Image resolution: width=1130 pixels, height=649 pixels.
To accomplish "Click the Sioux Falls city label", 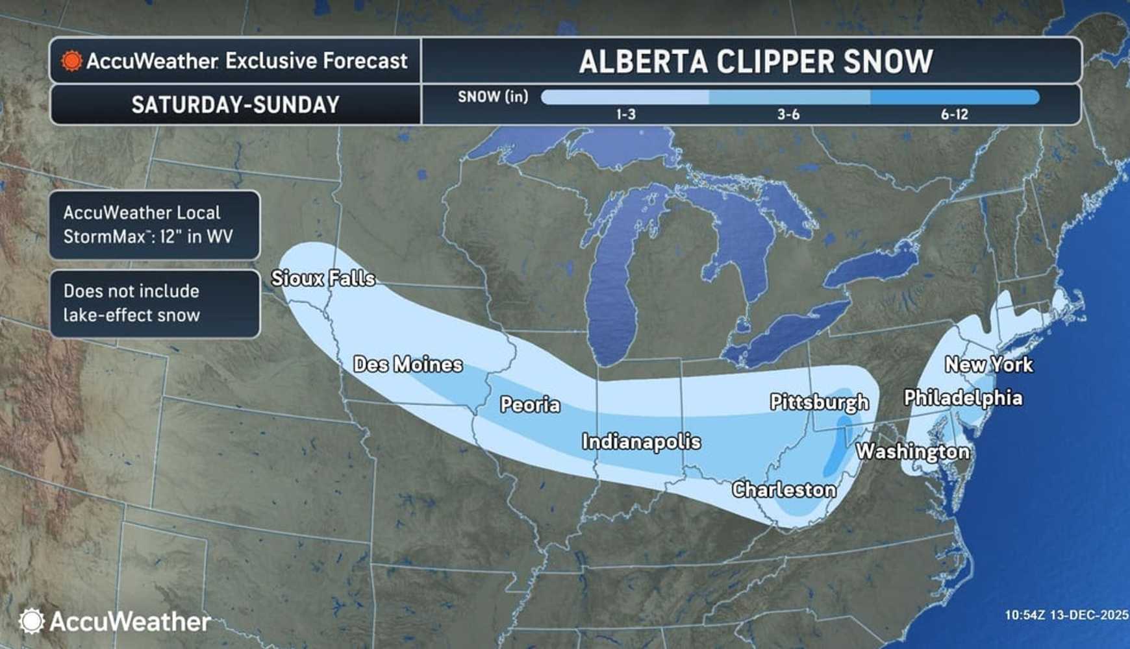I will click(x=323, y=278).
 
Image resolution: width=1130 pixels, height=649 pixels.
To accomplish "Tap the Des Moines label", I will click(x=408, y=364).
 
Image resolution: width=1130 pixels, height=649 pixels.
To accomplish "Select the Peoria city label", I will click(x=530, y=405).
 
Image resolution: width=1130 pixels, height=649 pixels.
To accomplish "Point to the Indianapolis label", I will click(x=641, y=442).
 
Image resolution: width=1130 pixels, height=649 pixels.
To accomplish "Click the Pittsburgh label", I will click(x=819, y=402).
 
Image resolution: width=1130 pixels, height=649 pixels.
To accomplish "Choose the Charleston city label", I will click(x=784, y=489).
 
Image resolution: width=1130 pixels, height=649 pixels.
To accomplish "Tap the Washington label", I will click(x=912, y=451).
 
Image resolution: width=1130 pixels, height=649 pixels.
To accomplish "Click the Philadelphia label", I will click(x=963, y=397).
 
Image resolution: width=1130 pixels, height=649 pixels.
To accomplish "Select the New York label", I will click(x=988, y=364).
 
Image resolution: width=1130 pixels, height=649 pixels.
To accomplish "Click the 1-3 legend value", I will click(x=625, y=115).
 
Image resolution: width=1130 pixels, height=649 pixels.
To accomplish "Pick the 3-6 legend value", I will click(x=788, y=115).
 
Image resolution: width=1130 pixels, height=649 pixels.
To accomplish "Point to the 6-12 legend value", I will click(x=954, y=115).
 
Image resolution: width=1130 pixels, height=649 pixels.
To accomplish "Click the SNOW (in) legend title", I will click(x=493, y=97).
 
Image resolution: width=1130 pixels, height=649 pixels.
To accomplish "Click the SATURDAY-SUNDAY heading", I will click(x=235, y=105).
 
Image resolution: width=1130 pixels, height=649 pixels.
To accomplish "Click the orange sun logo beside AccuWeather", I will click(x=71, y=61).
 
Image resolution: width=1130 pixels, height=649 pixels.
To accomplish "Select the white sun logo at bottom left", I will click(x=31, y=621).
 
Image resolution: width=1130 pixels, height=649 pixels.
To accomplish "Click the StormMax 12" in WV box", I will click(x=155, y=225).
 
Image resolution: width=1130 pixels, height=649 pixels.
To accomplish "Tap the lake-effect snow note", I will click(x=155, y=303).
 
